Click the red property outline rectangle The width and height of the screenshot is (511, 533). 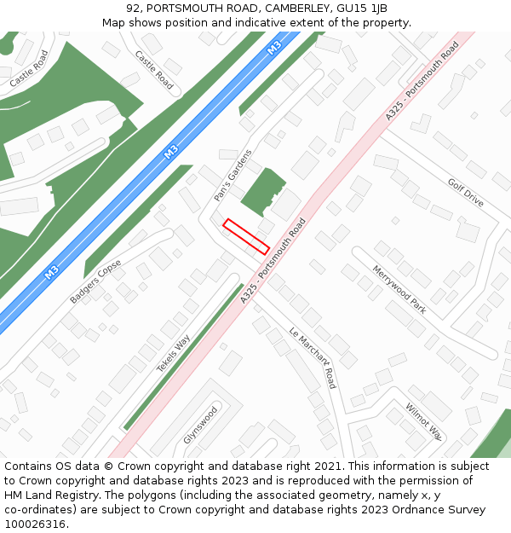(x=246, y=236)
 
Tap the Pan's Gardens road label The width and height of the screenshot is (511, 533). (x=233, y=176)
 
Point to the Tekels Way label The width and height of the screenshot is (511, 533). (x=173, y=353)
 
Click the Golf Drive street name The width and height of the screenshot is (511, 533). (x=465, y=193)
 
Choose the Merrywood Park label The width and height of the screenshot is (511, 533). (x=399, y=289)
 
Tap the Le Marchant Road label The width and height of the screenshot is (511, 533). (x=313, y=358)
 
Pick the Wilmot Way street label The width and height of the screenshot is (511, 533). (x=423, y=421)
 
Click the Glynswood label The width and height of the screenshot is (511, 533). (x=200, y=425)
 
